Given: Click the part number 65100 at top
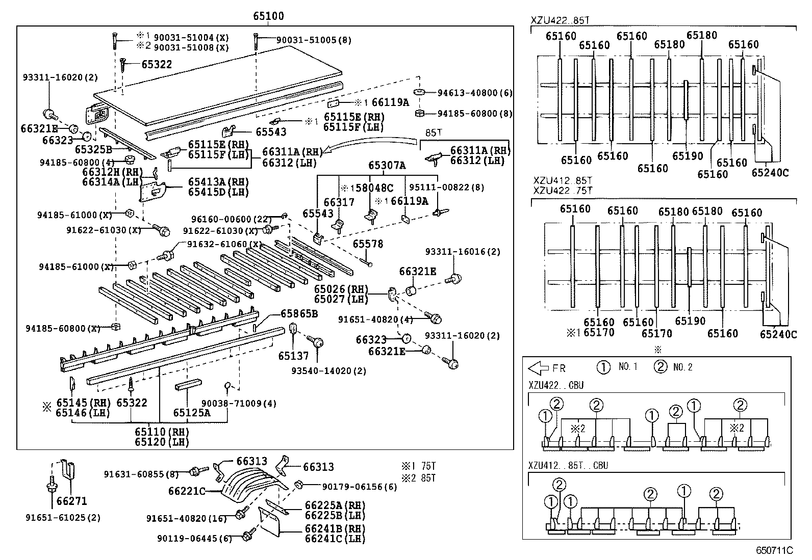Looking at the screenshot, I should pos(268,16).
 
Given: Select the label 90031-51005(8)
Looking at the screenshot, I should pos(314,40).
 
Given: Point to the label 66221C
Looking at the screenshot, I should pos(187,491).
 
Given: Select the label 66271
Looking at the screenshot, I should pos(72,501).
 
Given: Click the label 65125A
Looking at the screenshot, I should pos(191,413).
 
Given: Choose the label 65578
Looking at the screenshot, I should pos(368,244).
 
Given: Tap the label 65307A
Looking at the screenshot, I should pos(387,165).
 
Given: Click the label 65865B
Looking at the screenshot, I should pos(299,314).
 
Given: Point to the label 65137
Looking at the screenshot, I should pos(293,356).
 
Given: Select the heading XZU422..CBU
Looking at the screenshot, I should pos(556,385).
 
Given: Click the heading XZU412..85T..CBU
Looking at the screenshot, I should pos(568,465).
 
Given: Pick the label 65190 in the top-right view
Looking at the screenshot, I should pos(688,156).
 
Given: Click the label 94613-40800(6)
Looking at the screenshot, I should pos(474,93).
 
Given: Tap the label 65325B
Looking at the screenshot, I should pos(93,149).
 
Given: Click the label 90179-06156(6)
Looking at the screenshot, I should pos(359,487).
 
